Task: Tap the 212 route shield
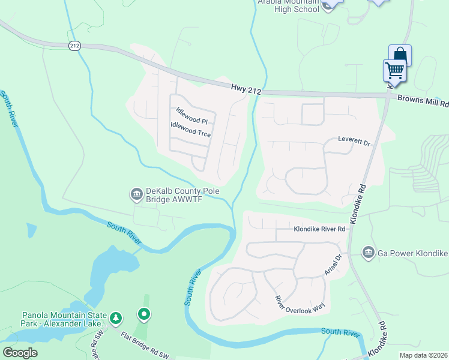click(74, 46)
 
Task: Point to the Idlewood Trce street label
click(191, 130)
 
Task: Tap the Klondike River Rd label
click(319, 229)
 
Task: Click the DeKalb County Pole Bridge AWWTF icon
click(136, 194)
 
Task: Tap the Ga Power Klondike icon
click(368, 253)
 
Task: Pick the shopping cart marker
click(394, 70)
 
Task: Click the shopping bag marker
click(400, 55)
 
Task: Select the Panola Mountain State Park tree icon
click(116, 317)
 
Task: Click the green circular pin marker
click(143, 313)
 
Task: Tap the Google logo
click(20, 353)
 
